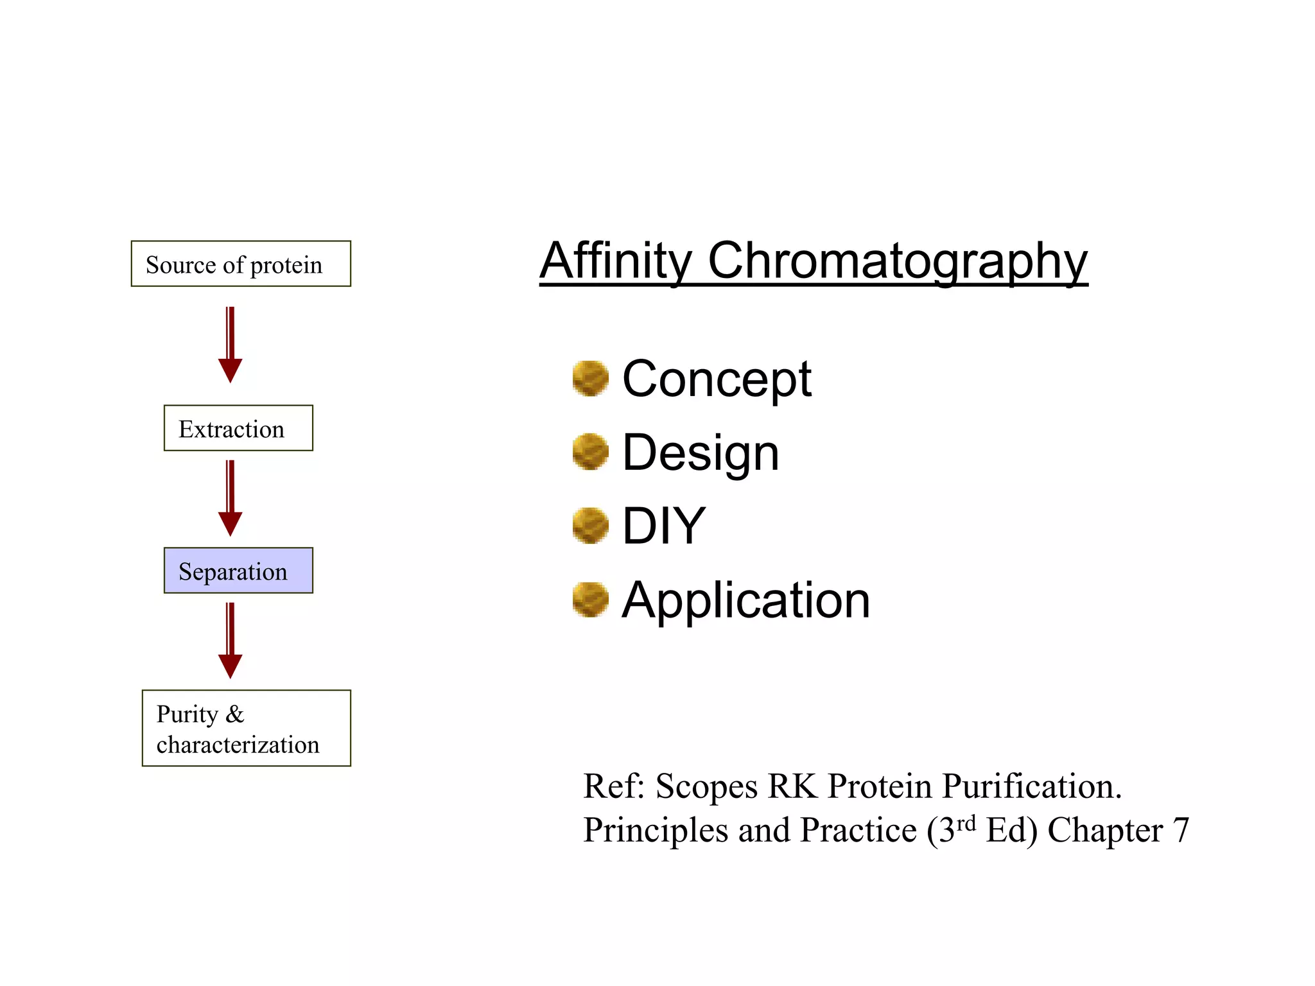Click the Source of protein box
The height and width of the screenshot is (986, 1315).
(241, 264)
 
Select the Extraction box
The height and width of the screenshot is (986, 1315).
(238, 428)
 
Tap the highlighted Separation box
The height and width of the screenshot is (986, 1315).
(238, 571)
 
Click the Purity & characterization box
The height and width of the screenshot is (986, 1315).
(246, 728)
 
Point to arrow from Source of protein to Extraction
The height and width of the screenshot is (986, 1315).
(230, 345)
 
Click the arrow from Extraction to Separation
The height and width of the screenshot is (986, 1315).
(230, 498)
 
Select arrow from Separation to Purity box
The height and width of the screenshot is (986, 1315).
(230, 641)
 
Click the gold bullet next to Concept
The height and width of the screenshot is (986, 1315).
(590, 378)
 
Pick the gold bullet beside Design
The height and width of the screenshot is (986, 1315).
(590, 451)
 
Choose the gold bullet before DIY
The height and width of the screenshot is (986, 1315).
(590, 526)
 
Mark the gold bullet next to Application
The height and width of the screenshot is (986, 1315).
(590, 600)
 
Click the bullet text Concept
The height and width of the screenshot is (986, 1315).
(717, 379)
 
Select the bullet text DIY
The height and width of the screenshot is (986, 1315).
(663, 526)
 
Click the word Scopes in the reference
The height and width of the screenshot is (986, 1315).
(706, 787)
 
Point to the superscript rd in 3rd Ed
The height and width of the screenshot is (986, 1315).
(966, 823)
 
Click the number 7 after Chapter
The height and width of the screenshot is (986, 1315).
(1181, 830)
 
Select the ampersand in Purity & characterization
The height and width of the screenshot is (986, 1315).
(235, 714)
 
